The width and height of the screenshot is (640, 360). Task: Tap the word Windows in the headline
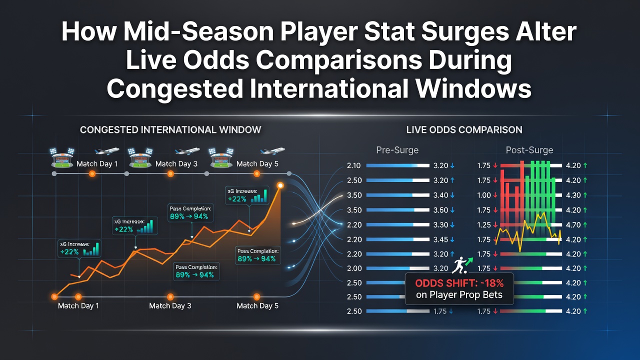click(473, 88)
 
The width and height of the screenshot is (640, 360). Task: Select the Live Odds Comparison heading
click(464, 129)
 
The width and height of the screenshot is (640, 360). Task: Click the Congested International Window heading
click(170, 129)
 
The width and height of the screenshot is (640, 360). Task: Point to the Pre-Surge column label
click(397, 150)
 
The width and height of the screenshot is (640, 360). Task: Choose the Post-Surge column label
click(529, 150)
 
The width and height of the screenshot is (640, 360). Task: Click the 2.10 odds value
click(354, 165)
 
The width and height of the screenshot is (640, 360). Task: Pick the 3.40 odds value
click(441, 195)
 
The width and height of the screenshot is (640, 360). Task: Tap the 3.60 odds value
click(441, 210)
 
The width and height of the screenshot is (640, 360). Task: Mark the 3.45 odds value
click(441, 239)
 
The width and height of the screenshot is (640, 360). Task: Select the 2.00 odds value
click(354, 268)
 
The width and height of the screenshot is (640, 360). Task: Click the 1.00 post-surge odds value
click(484, 195)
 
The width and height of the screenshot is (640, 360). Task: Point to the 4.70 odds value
click(573, 225)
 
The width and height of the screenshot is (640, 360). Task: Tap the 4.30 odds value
click(573, 195)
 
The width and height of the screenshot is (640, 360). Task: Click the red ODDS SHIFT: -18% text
click(459, 283)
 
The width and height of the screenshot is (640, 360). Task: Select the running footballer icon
click(459, 265)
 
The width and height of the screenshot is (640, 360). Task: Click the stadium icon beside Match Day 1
click(62, 157)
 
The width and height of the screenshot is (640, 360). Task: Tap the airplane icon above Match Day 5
click(272, 150)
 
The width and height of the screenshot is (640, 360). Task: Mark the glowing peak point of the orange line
click(280, 185)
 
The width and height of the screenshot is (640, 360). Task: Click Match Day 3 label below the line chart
click(170, 305)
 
